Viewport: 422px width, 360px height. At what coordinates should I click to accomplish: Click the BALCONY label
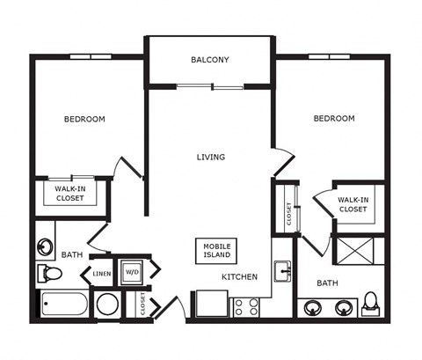[210, 60]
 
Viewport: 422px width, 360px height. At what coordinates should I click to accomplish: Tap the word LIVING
[211, 158]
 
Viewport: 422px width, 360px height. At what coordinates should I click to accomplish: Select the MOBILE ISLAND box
[216, 251]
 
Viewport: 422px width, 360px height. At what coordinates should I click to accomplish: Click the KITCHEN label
[239, 276]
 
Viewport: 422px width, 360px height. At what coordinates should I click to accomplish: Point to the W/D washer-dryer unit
[132, 272]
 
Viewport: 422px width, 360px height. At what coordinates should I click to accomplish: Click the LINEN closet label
[102, 274]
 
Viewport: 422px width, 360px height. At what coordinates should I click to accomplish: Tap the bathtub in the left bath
[64, 305]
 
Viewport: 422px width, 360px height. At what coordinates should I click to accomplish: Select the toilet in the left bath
[49, 274]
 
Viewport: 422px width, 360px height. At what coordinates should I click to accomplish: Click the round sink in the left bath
[45, 247]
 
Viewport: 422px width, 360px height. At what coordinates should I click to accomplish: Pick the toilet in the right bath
[370, 304]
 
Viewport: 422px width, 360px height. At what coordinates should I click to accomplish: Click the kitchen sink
[282, 271]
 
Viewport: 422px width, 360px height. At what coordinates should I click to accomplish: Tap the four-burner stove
[246, 307]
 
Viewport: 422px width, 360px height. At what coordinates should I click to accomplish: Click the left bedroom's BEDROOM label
[84, 119]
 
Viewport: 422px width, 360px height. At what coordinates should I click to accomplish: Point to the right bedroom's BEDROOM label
[334, 119]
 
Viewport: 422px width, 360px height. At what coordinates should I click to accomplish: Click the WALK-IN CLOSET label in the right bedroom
[353, 204]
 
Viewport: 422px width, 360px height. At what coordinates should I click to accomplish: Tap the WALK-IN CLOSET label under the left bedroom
[70, 194]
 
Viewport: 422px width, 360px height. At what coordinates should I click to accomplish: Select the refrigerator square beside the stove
[212, 304]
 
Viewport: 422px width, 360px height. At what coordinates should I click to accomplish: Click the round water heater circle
[108, 305]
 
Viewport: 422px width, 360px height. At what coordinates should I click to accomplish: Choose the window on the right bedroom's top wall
[329, 56]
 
